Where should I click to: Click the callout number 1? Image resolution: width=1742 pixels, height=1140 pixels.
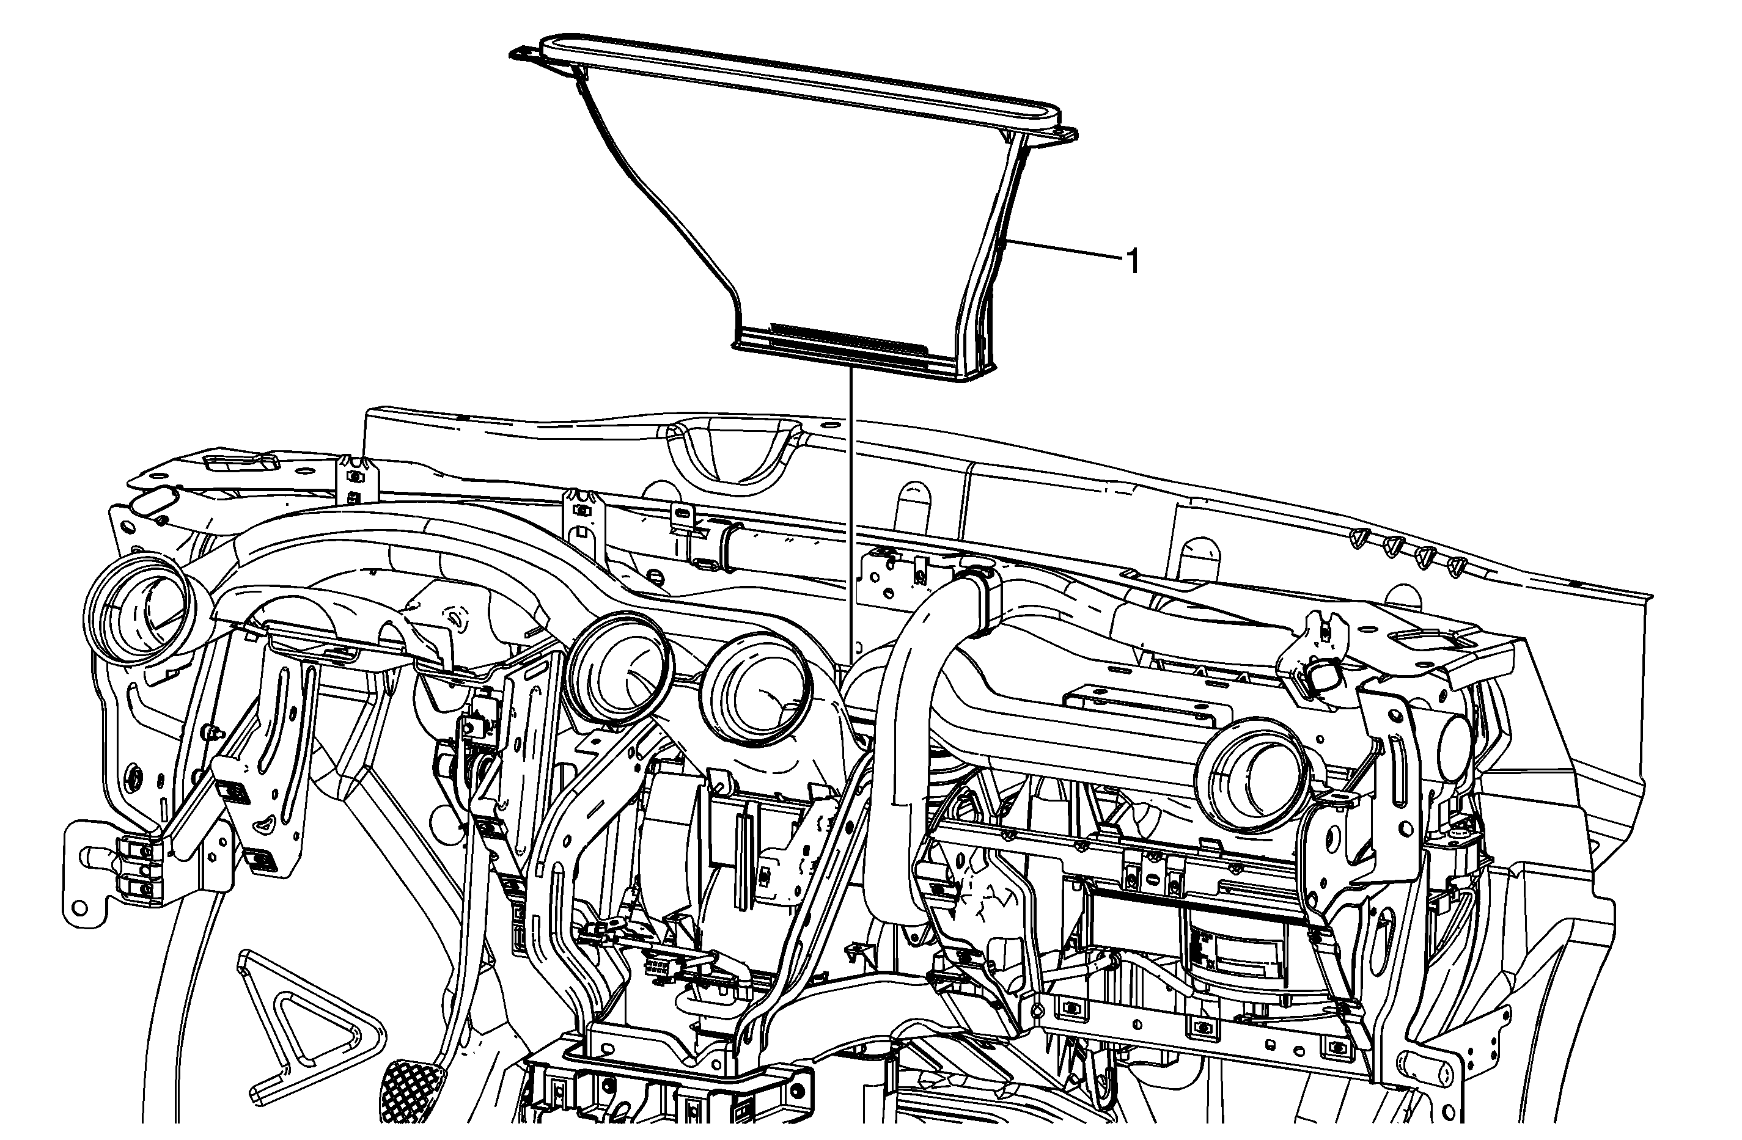pyautogui.click(x=1131, y=262)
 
